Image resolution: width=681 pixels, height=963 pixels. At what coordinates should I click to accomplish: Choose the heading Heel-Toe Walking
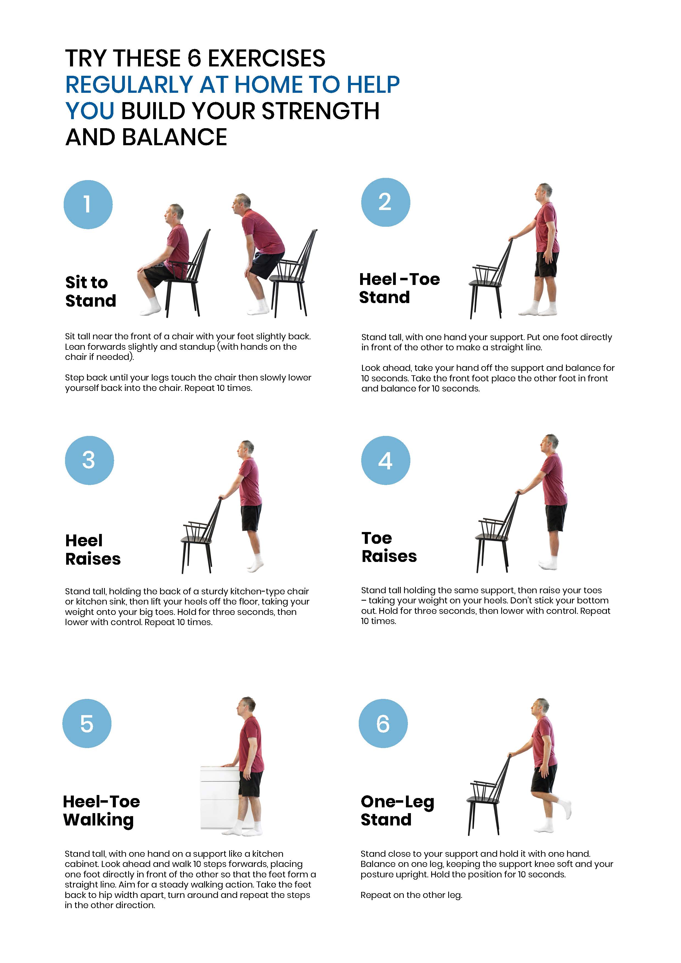point(101,810)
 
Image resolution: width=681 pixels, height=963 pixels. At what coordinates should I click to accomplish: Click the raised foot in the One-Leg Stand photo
point(566,807)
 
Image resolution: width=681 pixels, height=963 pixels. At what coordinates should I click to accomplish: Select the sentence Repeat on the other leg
point(411,895)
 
